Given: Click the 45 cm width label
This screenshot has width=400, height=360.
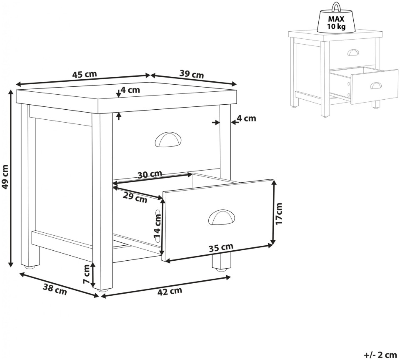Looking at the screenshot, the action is pos(85,74).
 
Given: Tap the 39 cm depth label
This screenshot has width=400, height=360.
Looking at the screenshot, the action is pos(192,74).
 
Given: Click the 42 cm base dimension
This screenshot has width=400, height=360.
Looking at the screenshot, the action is pos(170,291).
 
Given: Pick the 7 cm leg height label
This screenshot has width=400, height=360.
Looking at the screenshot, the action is pos(86,274).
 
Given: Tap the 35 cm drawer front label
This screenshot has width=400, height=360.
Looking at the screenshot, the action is pos(221,247).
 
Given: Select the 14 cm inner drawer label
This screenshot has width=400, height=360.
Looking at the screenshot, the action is pos(157,227).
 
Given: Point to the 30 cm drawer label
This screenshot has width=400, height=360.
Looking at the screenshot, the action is pos(150,175).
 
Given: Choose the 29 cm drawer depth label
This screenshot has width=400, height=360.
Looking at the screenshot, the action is pos(135,197).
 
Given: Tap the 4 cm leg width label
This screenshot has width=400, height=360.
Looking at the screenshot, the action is pos(246,118).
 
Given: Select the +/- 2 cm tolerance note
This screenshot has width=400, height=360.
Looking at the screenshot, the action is pos(380,355).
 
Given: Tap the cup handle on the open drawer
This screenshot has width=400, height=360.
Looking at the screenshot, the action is pos(221,217).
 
